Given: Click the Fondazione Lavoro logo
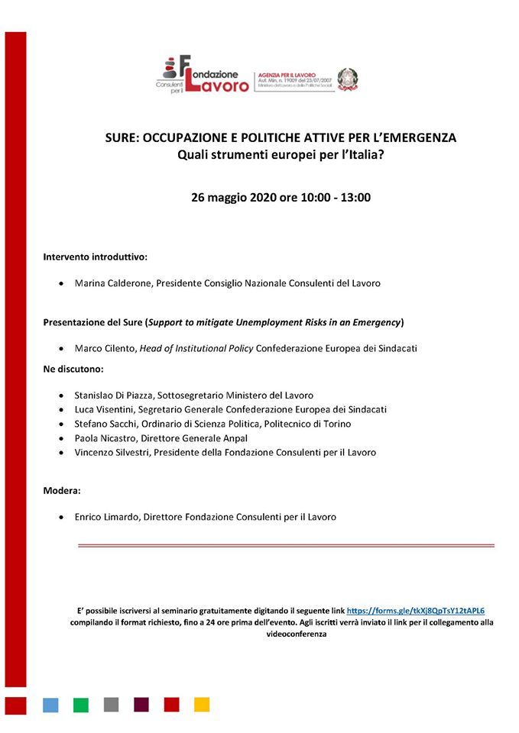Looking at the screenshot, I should [x=204, y=75].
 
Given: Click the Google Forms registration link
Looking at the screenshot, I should [x=416, y=611].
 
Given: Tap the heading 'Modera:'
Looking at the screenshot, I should [x=62, y=490].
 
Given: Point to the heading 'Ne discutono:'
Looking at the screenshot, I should [x=73, y=369].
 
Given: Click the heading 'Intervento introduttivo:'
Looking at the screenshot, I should [x=95, y=257].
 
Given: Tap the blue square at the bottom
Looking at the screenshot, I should [x=50, y=704].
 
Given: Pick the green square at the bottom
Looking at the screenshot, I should [x=80, y=704].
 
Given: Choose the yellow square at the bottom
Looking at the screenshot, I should [x=202, y=704].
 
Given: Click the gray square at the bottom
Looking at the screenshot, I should [x=111, y=704].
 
